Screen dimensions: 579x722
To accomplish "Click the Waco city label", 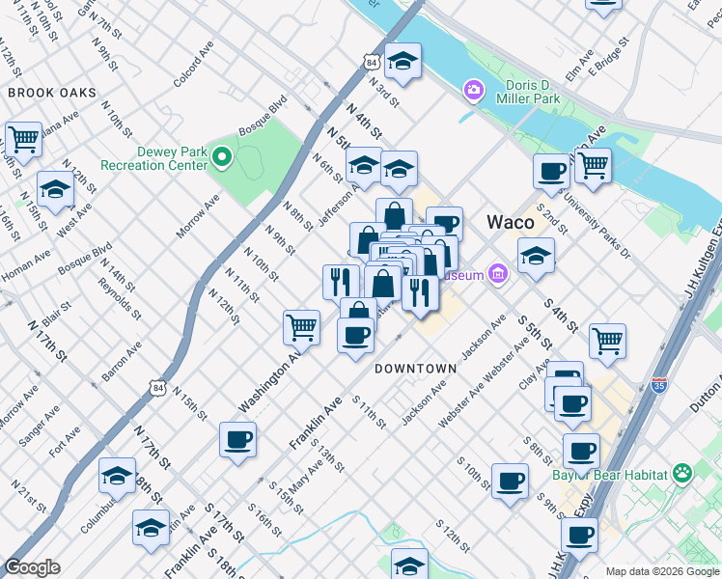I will click(511, 222).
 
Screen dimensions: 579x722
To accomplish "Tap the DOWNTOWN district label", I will click(415, 369).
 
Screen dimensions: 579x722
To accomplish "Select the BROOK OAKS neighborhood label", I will click(52, 93).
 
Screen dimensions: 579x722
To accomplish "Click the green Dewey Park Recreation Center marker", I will click(222, 155).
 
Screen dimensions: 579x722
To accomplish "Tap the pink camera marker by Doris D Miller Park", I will click(473, 90).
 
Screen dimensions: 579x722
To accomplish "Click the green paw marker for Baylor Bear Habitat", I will click(682, 473).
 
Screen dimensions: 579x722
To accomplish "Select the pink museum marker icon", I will click(497, 275).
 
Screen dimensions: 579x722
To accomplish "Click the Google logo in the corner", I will click(32, 567).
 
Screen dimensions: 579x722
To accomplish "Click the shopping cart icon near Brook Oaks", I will click(23, 139).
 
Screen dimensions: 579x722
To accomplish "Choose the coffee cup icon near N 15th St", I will click(237, 440).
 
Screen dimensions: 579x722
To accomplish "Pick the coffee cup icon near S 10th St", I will click(510, 480).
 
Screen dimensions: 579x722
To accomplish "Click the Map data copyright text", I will click(661, 571).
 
